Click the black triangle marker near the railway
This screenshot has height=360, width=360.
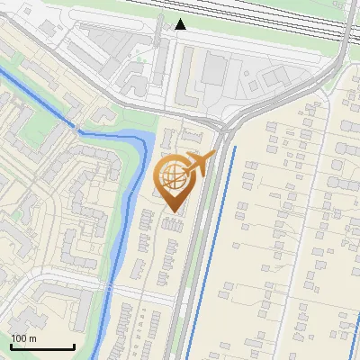coord(181,24)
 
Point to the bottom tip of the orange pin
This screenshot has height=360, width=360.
coord(174,212)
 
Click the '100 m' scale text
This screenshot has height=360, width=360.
coord(24,338)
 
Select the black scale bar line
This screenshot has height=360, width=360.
coord(42,346)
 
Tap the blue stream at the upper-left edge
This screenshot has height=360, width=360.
coord(36,90)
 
